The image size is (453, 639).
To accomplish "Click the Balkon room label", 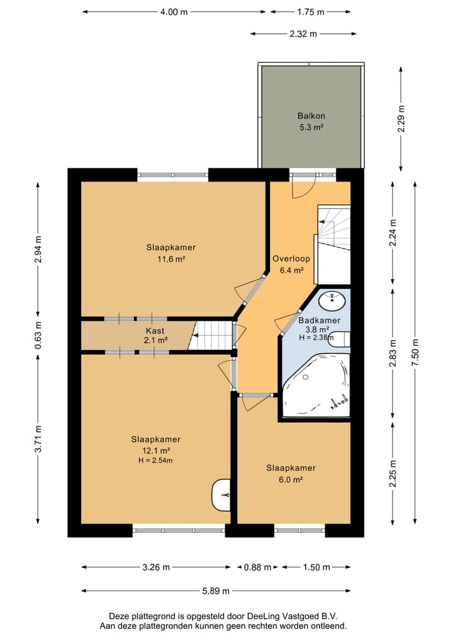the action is (311, 116).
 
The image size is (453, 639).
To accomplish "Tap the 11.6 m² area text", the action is (171, 259).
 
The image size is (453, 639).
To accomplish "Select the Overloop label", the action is (291, 259).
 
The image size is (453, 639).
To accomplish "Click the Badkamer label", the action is (319, 320).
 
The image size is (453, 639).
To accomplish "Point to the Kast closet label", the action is (155, 331).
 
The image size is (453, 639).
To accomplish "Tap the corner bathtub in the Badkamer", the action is (316, 385).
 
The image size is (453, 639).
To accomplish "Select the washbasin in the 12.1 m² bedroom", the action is (221, 494).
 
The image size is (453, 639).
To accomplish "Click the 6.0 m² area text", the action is (291, 479).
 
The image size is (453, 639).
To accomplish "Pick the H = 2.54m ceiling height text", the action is (155, 461).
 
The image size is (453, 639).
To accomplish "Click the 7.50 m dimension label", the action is (415, 353).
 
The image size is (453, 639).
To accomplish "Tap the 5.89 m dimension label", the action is (216, 591).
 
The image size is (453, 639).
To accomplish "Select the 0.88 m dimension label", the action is (257, 567).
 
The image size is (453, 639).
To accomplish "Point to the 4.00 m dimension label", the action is (174, 12).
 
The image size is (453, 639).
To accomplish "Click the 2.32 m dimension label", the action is (303, 34).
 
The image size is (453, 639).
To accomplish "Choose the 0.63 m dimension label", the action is (38, 335).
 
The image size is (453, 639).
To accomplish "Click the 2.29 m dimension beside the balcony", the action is (401, 118).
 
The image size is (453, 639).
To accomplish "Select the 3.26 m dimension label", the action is (156, 567).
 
